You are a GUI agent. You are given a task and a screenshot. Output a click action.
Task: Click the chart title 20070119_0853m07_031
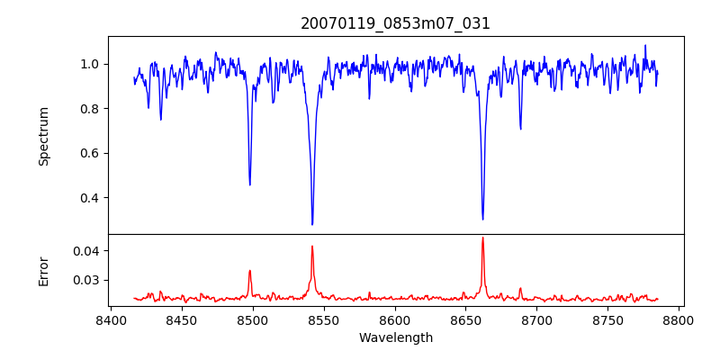[x=395, y=23]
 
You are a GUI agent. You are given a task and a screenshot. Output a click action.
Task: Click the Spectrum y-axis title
[x=44, y=136]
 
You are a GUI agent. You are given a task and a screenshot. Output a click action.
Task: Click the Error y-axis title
[x=44, y=271]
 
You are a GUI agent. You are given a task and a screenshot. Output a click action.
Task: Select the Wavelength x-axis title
[x=395, y=338]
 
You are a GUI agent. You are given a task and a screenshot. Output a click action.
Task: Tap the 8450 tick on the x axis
[x=182, y=319]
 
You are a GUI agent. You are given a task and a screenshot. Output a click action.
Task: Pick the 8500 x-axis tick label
[x=253, y=319]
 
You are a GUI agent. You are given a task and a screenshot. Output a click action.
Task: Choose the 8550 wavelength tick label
[x=324, y=319]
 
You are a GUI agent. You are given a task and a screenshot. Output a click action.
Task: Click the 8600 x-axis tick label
[x=395, y=319]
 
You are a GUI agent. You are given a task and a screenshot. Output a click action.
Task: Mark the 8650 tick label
[x=466, y=319]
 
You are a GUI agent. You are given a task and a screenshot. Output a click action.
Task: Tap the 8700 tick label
[x=537, y=319]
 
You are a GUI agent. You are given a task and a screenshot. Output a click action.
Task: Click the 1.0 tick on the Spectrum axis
[x=90, y=64]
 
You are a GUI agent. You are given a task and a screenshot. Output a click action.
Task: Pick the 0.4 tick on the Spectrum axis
[x=90, y=198]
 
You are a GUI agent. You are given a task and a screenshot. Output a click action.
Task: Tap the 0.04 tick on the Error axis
[x=86, y=250]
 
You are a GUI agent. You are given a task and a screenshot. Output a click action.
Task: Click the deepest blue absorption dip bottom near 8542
[x=312, y=224]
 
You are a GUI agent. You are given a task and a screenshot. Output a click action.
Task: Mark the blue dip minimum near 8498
[x=249, y=184]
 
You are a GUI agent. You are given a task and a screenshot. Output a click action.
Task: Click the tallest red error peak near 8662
[x=482, y=238]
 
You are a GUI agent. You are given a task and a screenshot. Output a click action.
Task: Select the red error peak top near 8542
[x=312, y=246]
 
